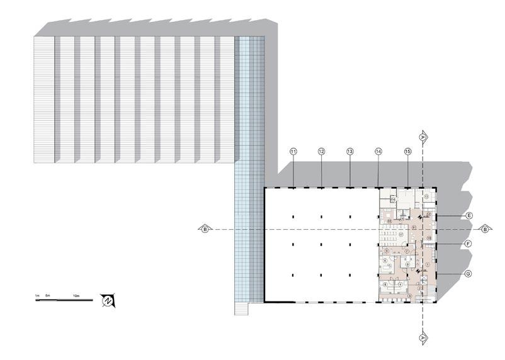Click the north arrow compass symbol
click(107, 301)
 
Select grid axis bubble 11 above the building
click(293, 152)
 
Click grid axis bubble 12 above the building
click(321, 152)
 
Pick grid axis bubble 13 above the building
click(350, 152)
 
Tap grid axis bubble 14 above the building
click(378, 152)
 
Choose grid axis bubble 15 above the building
click(407, 152)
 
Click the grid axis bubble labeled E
click(469, 215)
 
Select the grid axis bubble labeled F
click(469, 243)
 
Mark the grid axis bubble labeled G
click(469, 274)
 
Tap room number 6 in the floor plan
click(384, 260)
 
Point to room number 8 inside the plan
click(408, 264)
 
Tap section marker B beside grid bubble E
click(484, 229)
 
